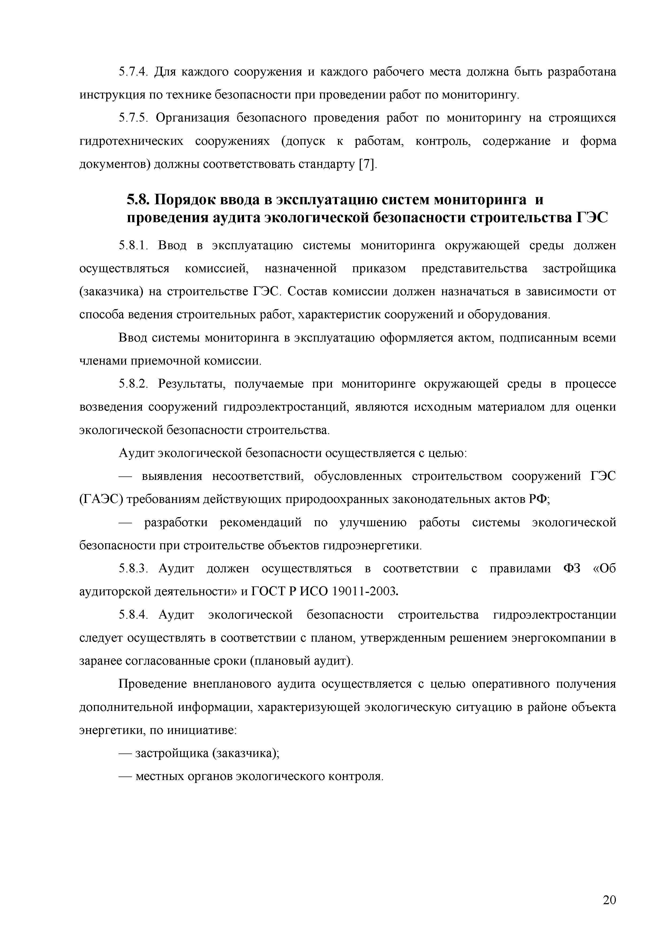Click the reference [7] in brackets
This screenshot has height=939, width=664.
click(366, 165)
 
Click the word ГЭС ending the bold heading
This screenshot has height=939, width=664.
click(592, 218)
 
